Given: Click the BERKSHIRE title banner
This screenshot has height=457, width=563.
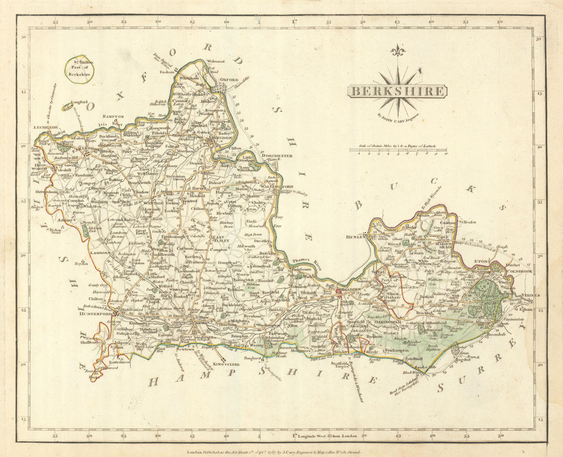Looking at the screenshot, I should tap(397, 92).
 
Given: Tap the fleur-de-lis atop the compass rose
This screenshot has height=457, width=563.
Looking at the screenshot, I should tap(398, 51).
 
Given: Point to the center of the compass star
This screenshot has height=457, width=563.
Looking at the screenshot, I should tap(398, 92).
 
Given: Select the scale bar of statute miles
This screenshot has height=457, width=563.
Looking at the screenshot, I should tap(398, 150).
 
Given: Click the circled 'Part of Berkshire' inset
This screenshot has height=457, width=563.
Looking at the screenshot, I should tap(79, 69).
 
